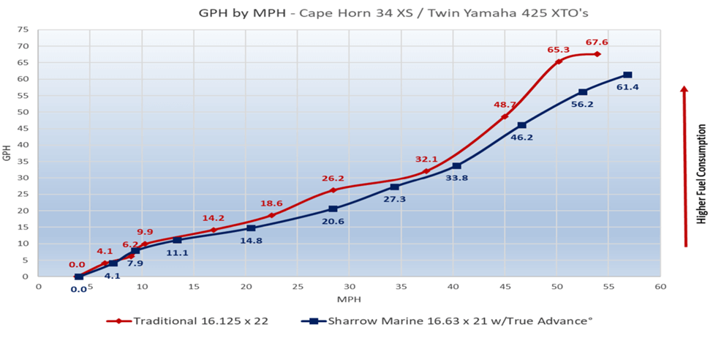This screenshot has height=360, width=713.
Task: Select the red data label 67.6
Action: click(596, 42)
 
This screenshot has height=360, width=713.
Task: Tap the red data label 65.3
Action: click(558, 50)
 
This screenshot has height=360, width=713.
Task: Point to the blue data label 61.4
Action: click(627, 87)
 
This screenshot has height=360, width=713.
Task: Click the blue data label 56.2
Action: click(583, 104)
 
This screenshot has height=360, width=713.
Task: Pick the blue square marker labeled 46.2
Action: click(521, 125)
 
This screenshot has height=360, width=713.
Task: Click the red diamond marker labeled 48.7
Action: click(505, 116)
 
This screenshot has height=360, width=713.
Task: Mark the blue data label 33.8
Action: click(457, 178)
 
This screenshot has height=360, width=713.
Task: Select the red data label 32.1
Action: click(426, 159)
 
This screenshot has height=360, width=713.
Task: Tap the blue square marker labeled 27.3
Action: click(395, 187)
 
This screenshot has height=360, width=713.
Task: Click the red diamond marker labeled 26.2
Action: click(333, 190)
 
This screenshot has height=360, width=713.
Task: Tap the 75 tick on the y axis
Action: click(23, 30)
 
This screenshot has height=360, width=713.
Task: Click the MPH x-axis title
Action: click(349, 299)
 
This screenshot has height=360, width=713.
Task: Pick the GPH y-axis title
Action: click(8, 153)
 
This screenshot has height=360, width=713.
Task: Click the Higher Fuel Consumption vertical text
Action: click(702, 174)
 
